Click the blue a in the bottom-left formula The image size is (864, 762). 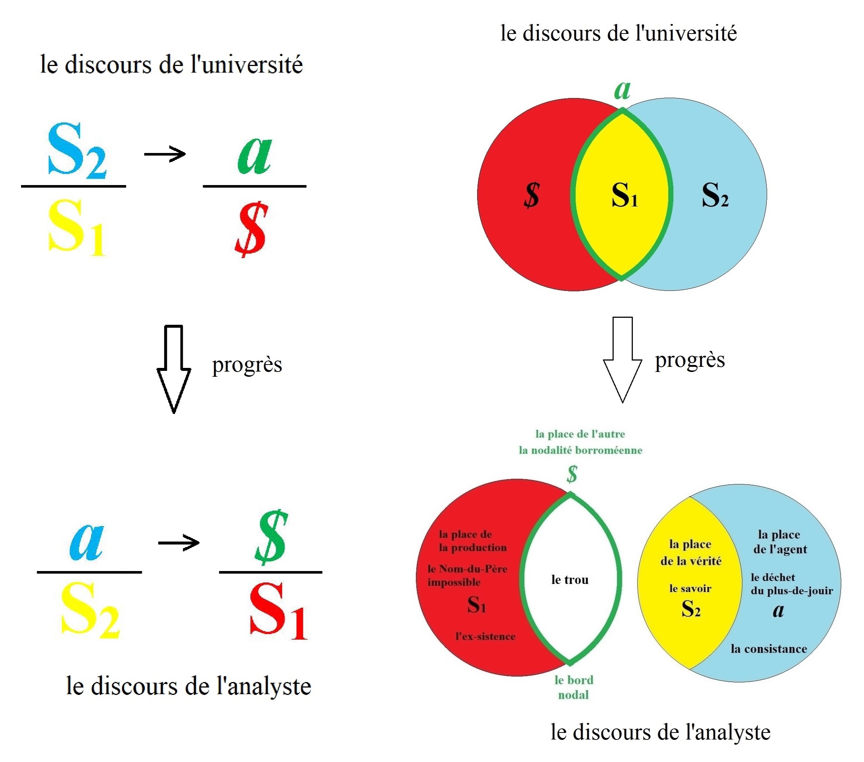87,542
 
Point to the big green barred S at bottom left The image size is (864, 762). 271,537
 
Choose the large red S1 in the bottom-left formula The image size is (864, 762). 278,611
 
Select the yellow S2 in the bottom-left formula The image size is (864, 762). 90,609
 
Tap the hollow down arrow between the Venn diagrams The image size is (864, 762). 622,359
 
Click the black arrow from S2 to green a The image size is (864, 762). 165,154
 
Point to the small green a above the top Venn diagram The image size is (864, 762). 622,89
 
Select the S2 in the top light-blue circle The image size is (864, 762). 715,195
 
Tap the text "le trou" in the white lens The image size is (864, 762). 570,580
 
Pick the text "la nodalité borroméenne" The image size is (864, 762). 580,450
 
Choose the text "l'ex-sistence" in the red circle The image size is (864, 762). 485,637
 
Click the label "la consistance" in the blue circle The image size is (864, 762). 769,649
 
